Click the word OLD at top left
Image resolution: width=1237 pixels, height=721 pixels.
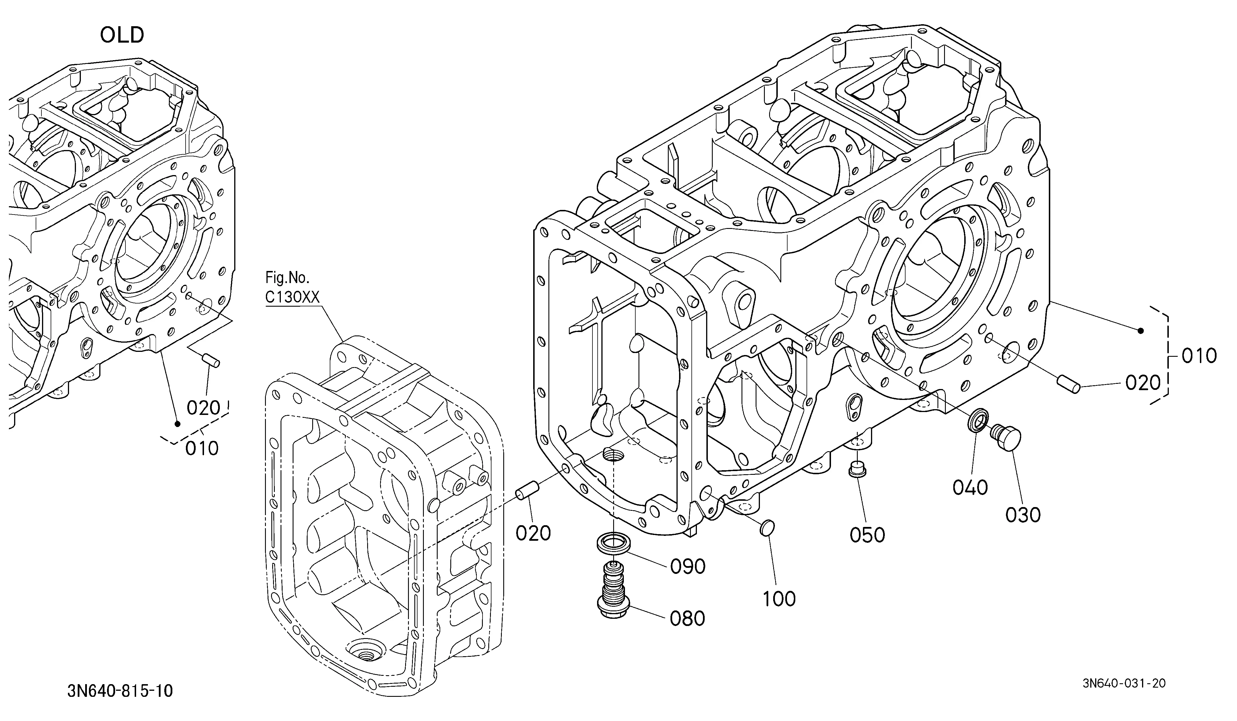pos(122,35)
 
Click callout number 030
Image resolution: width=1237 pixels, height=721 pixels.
pos(1023,515)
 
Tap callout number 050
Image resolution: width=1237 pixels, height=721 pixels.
pos(867,535)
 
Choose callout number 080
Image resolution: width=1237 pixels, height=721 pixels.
pos(688,619)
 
